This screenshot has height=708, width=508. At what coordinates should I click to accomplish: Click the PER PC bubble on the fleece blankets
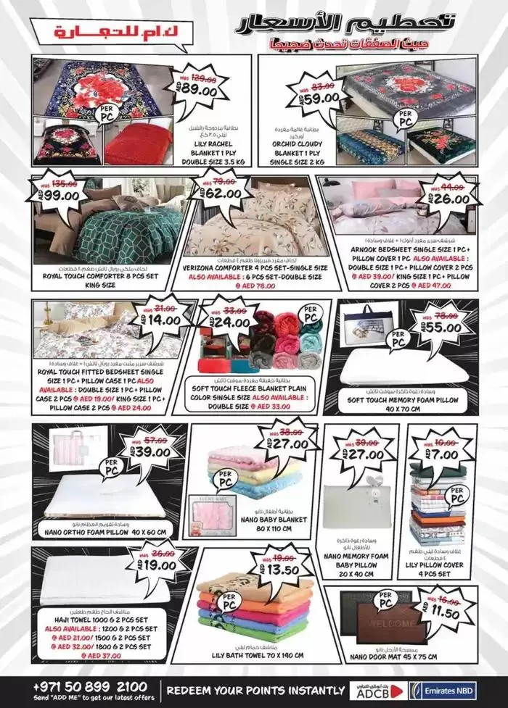(x=311, y=317)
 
